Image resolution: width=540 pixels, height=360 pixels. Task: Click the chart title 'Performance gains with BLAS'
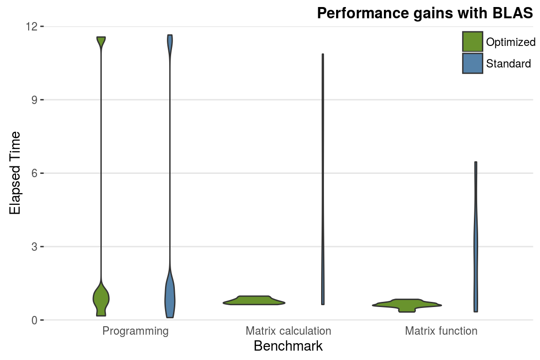point(425,13)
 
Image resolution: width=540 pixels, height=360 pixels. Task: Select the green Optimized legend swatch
point(472,42)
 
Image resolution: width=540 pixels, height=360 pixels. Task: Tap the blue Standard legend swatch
point(472,63)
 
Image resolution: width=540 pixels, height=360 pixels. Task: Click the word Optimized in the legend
point(510,42)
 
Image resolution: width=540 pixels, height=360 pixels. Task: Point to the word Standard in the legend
point(508,64)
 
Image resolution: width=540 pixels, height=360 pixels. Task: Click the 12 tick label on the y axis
point(32,27)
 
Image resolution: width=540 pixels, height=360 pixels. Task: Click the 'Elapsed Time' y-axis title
point(15,173)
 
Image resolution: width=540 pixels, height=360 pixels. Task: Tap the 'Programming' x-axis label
point(135,331)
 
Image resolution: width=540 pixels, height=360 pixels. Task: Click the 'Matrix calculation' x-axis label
point(288,331)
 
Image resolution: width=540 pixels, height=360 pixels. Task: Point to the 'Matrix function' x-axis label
point(441,331)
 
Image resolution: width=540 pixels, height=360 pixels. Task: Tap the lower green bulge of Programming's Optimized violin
point(101,298)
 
